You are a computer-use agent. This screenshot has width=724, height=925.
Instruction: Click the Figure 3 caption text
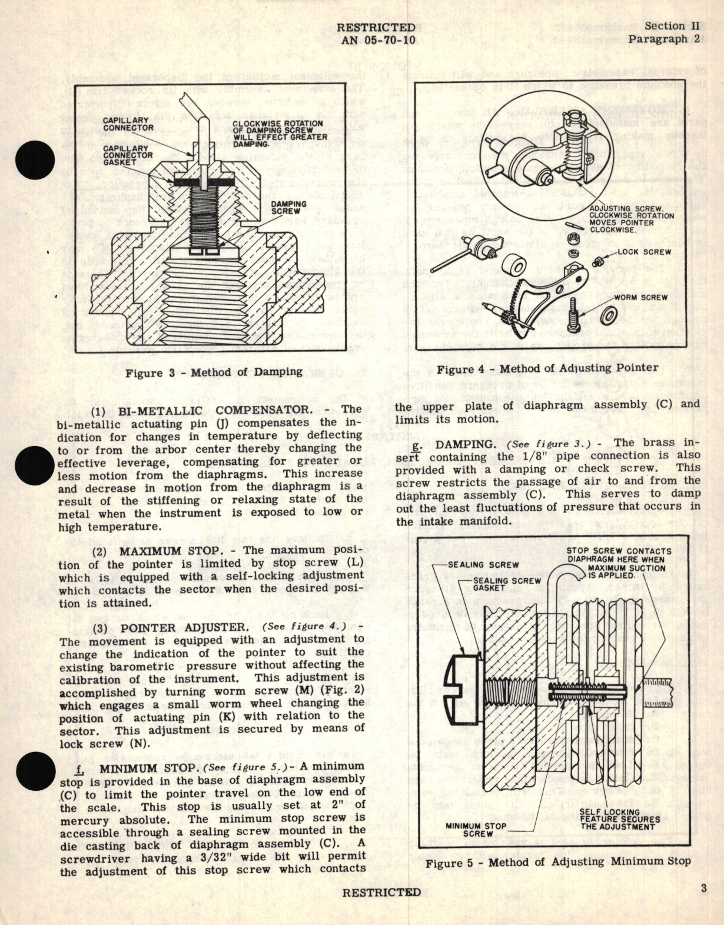coord(214,372)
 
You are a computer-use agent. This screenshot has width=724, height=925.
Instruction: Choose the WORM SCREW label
coord(640,298)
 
